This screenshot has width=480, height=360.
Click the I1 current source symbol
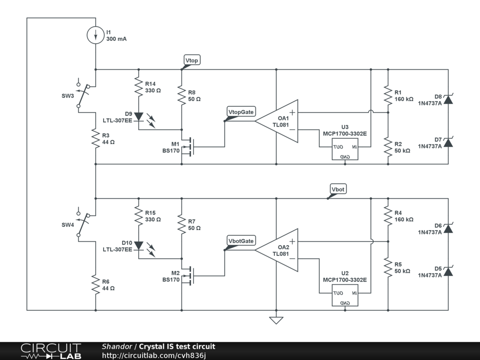click(96, 36)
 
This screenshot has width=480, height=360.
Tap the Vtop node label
click(192, 60)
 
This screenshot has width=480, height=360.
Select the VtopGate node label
click(241, 112)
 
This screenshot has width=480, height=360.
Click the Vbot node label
click(338, 189)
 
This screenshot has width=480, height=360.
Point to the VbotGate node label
click(241, 241)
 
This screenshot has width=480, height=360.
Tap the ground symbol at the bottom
click(276, 320)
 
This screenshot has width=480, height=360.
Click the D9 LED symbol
click(139, 116)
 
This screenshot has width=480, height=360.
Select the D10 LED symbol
click(139, 245)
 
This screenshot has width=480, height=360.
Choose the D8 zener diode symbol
click(448, 99)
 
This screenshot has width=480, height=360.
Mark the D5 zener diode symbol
click(448, 271)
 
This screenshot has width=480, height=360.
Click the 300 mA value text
click(117, 39)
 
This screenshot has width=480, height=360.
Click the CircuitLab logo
click(50, 351)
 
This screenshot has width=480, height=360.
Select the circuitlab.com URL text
click(154, 356)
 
